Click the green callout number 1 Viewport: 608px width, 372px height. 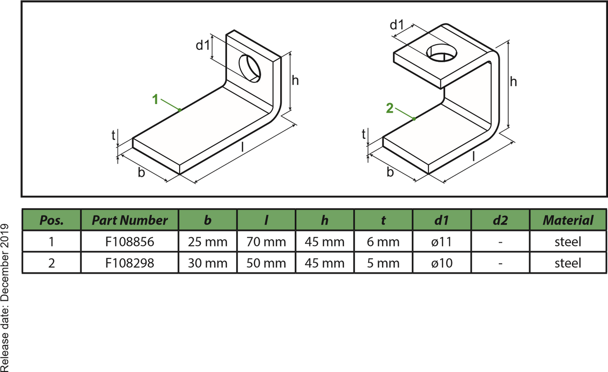click(x=155, y=99)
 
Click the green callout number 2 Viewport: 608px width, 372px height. click(x=389, y=108)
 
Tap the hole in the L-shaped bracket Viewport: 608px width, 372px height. click(x=249, y=68)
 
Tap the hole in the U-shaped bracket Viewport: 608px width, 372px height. click(x=441, y=53)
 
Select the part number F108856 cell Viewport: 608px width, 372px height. click(x=130, y=241)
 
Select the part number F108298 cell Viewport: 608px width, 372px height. click(x=130, y=263)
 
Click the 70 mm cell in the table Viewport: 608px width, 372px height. click(x=266, y=241)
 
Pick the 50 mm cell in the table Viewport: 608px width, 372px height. click(x=266, y=263)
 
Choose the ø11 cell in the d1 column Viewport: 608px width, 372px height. click(x=442, y=241)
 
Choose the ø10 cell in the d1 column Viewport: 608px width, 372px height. click(x=442, y=263)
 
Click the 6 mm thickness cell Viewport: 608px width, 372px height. click(x=383, y=241)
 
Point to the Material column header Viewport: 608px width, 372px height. click(x=568, y=220)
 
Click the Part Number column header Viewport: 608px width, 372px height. click(x=130, y=220)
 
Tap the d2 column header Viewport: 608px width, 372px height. click(x=500, y=220)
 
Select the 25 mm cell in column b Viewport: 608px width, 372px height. click(x=208, y=241)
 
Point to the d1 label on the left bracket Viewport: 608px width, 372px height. click(x=203, y=45)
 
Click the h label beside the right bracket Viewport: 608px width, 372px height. click(x=513, y=81)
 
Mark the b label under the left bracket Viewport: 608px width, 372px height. click(x=141, y=172)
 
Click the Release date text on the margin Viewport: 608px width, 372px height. click(x=5, y=297)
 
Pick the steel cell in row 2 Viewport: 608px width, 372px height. click(x=568, y=263)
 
